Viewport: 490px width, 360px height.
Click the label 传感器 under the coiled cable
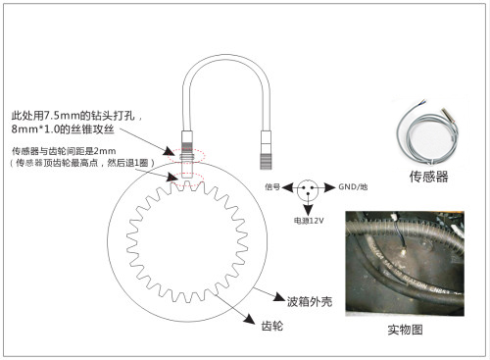[428, 177]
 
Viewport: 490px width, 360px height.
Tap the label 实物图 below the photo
[405, 330]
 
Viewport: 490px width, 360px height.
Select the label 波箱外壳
[310, 301]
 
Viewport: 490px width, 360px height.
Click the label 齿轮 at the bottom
[272, 326]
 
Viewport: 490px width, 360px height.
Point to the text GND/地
[353, 186]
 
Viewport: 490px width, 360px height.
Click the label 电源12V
[309, 221]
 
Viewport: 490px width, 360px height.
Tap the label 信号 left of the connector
[272, 187]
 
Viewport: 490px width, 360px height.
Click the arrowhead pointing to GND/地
[330, 187]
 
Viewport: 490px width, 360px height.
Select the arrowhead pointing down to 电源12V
[308, 210]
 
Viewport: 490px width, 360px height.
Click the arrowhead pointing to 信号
[287, 187]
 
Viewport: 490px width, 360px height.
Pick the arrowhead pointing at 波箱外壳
[279, 297]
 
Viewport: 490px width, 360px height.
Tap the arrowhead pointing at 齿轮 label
[249, 319]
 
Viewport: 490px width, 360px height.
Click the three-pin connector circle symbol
[308, 189]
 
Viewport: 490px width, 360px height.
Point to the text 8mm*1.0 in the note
[35, 129]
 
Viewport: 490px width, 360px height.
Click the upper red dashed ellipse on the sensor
[186, 155]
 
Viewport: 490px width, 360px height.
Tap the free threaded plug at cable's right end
[266, 150]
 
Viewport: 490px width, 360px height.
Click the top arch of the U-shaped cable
[226, 59]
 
